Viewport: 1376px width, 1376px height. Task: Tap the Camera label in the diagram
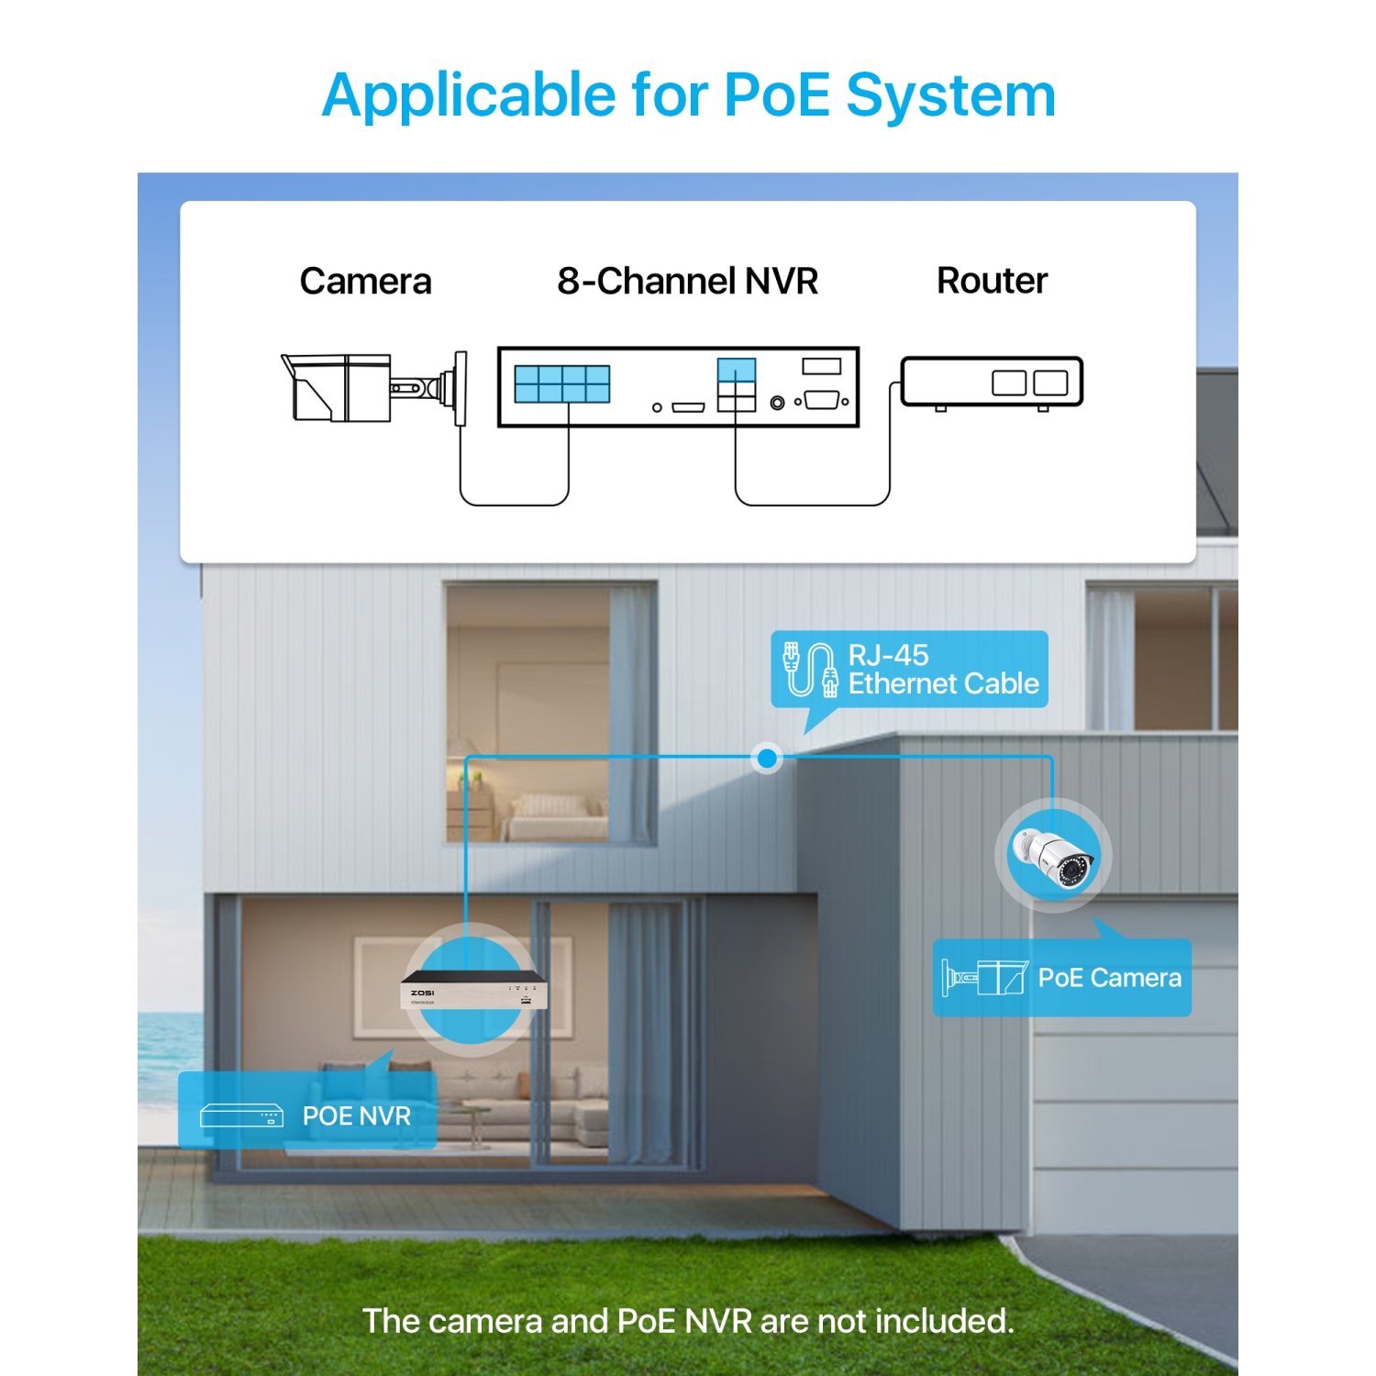pos(365,282)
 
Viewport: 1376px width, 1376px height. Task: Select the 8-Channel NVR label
pos(687,282)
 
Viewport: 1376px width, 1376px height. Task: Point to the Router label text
pos(992,281)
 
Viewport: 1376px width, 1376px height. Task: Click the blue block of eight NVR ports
pos(561,384)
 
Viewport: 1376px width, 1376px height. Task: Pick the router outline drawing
pos(992,382)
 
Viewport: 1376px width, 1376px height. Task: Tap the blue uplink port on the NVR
pos(737,370)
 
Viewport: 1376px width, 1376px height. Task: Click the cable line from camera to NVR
pos(514,505)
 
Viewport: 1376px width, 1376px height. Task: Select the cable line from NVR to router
pos(812,505)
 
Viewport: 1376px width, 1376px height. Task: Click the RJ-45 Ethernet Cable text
pos(942,670)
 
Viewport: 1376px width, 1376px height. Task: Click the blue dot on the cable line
pos(767,759)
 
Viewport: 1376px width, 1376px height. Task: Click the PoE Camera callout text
pos(1109,978)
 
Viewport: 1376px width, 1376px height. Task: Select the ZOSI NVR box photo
pos(473,992)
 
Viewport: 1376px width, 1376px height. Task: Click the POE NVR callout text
pos(356,1116)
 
